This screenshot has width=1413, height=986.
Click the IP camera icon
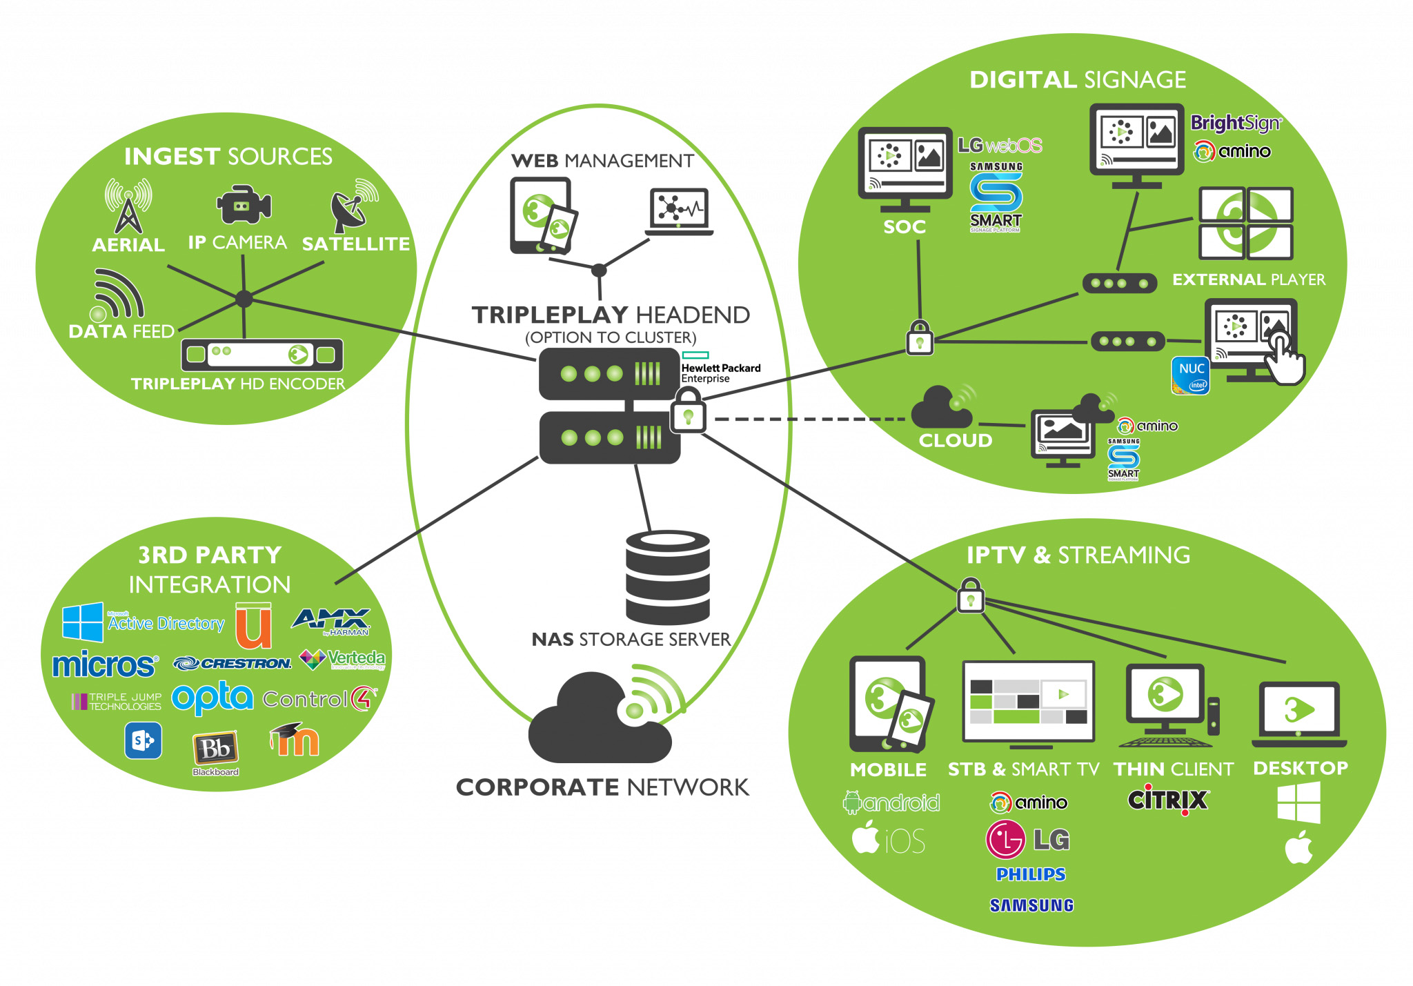(243, 204)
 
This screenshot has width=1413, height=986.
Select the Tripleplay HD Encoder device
(261, 355)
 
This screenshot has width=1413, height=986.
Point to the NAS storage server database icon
(667, 577)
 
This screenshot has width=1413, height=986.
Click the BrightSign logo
(1235, 124)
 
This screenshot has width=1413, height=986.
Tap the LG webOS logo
(999, 146)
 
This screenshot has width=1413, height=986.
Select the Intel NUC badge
(1191, 375)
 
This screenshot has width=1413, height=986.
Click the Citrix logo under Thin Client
(1167, 800)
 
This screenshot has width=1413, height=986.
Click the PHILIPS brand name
(1031, 874)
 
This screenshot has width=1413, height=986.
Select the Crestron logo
(233, 663)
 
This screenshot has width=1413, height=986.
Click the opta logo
(213, 698)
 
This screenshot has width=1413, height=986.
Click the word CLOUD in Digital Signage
(955, 440)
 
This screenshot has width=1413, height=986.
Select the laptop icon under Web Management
(679, 211)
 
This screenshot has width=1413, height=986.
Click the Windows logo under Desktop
(1298, 802)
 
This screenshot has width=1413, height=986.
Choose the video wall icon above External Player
(1245, 223)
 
